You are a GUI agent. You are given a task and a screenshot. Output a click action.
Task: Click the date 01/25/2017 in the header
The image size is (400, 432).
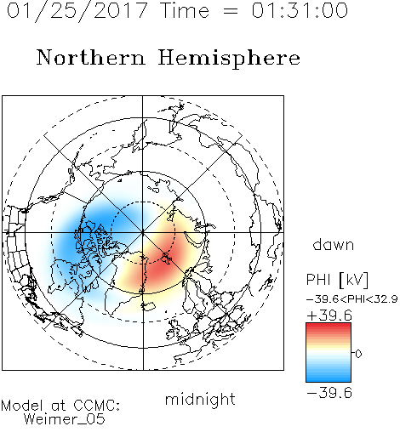(x=77, y=11)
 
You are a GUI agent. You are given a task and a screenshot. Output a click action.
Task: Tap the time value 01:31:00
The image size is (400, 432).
(x=300, y=10)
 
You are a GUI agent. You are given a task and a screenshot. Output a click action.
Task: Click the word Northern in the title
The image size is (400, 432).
(x=91, y=58)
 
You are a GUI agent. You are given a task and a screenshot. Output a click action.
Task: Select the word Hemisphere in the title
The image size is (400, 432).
(x=229, y=59)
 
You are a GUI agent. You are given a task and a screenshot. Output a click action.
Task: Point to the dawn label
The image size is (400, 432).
(x=334, y=244)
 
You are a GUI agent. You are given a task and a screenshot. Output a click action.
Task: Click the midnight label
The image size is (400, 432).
(x=200, y=400)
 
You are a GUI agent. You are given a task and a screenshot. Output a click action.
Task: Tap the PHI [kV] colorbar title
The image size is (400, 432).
(x=338, y=280)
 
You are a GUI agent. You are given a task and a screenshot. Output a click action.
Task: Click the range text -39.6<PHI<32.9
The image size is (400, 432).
(x=352, y=299)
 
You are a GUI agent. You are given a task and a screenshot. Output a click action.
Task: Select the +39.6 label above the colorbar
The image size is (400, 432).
(x=329, y=315)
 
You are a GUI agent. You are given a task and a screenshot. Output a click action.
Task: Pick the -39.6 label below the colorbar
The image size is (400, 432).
(x=329, y=393)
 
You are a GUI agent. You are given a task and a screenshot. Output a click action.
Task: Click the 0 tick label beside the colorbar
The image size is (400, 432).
(x=358, y=354)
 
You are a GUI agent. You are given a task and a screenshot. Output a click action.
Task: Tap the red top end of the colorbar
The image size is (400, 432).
(x=329, y=325)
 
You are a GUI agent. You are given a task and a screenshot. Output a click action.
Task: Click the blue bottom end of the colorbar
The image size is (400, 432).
(x=329, y=380)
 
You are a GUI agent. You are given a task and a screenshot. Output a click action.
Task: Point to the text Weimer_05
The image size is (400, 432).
(x=65, y=418)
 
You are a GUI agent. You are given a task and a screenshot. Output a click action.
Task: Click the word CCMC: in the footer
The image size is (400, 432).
(x=96, y=406)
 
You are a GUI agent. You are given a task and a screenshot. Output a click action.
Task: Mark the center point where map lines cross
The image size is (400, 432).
(x=143, y=232)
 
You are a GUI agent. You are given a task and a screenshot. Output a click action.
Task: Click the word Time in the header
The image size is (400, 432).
(x=185, y=10)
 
